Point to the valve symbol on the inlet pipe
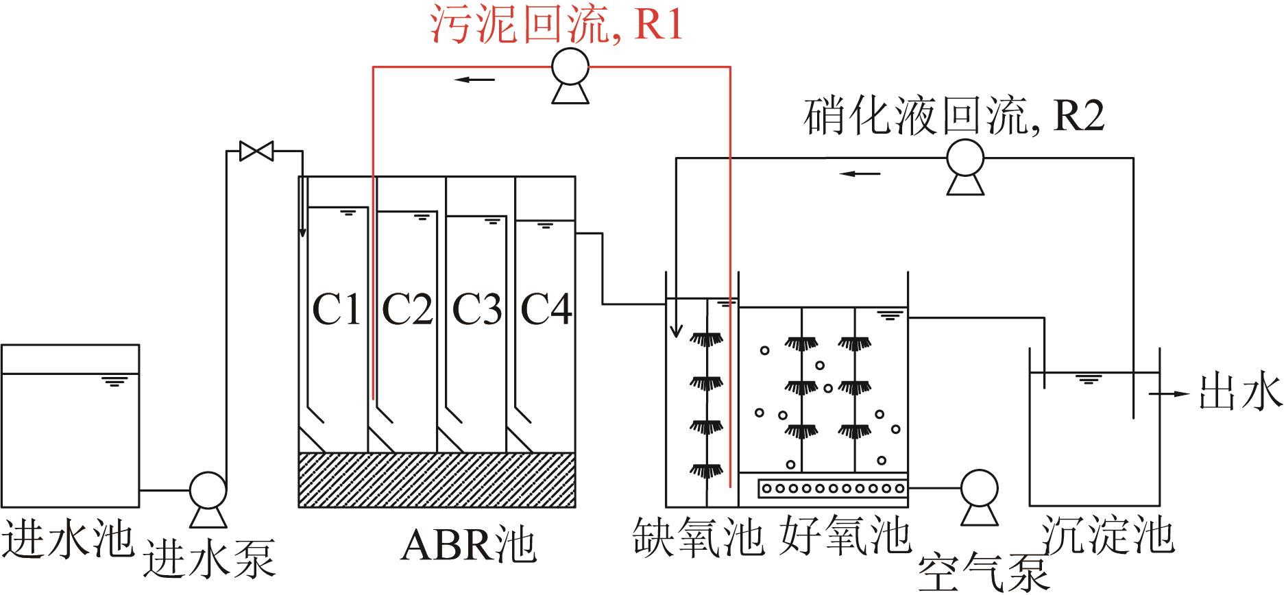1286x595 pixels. pos(256,151)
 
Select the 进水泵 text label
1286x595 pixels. pos(209,559)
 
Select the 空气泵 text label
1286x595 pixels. pos(983,572)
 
